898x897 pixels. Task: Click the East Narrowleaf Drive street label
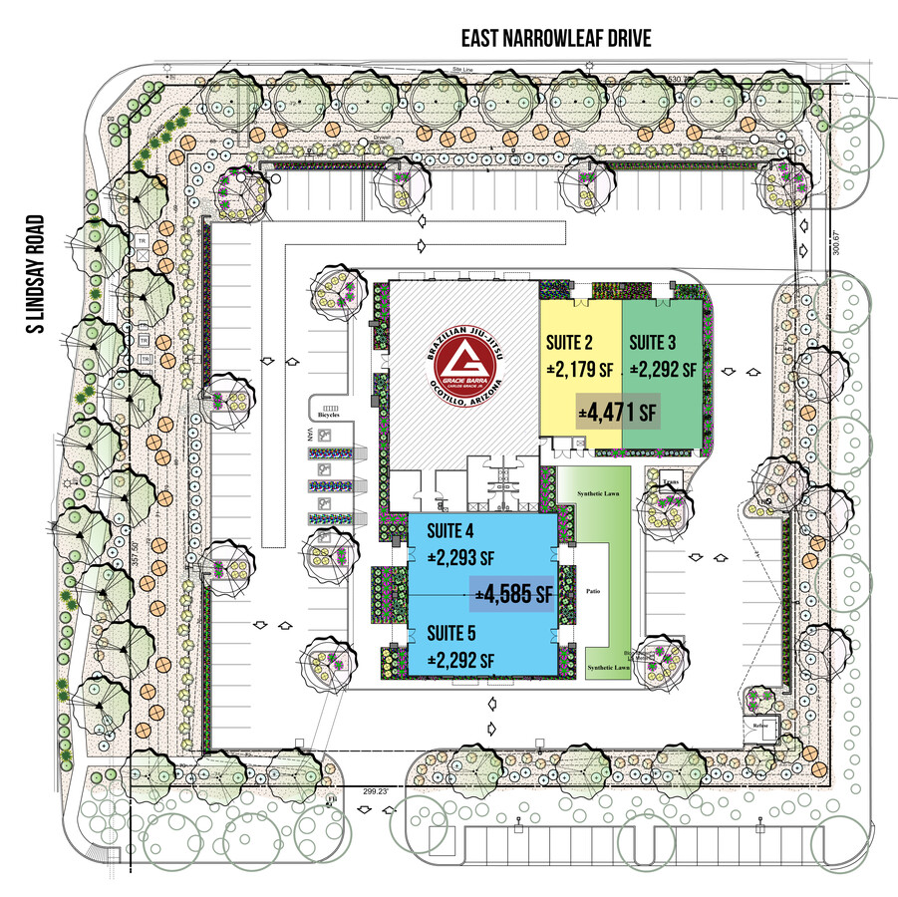tap(555, 39)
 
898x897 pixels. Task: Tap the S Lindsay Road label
tap(39, 274)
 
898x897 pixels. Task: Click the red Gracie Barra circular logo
tap(462, 362)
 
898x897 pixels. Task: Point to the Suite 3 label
tap(654, 340)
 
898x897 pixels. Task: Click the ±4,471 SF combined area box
tap(618, 410)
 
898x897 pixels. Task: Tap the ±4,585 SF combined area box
tap(514, 595)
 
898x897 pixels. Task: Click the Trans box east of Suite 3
tap(671, 480)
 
